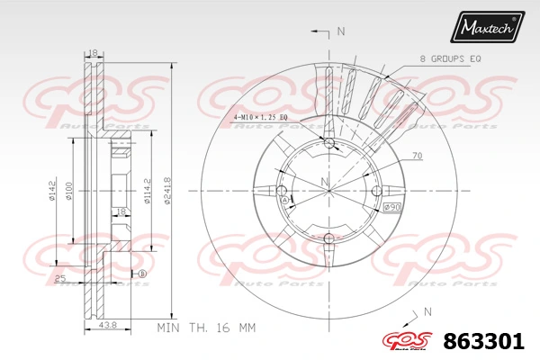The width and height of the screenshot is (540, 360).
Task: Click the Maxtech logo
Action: (x=488, y=29)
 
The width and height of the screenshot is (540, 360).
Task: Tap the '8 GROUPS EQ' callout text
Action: (x=450, y=58)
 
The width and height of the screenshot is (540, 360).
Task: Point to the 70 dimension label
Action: (x=418, y=156)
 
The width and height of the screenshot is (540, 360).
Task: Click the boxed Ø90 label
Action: (x=392, y=208)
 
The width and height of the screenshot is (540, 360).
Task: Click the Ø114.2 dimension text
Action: (x=145, y=190)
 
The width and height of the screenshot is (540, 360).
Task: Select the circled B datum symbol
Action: (x=141, y=274)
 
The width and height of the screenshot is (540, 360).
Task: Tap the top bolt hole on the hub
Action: (x=328, y=143)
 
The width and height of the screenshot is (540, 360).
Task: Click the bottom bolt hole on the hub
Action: (x=328, y=238)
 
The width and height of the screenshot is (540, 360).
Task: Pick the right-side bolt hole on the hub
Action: (x=375, y=191)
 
